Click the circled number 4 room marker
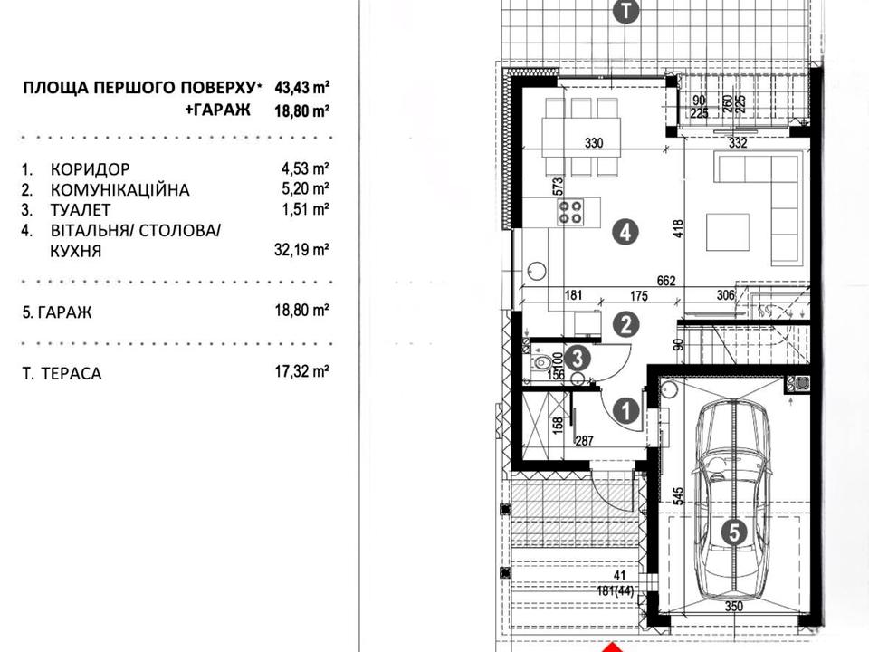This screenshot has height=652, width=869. point(625,233)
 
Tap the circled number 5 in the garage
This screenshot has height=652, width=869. point(734,532)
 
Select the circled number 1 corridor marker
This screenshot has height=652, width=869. point(626,411)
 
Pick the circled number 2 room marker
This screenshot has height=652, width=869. point(625,324)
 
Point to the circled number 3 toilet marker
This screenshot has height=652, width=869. point(577,359)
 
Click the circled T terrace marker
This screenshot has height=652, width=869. point(625,11)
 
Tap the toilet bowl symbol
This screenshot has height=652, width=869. point(541,364)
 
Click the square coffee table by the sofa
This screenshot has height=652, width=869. point(728,233)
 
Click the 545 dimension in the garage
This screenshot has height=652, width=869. point(680,495)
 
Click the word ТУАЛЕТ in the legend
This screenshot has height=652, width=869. point(81,210)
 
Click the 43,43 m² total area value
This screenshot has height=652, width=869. point(302,87)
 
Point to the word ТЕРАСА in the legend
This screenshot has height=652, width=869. point(71,373)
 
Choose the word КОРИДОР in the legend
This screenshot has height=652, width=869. point(91,169)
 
